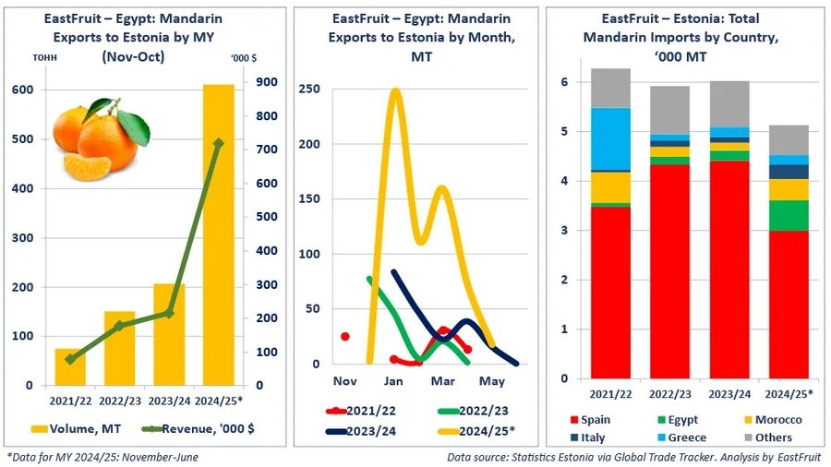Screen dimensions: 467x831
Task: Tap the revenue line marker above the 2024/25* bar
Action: [x=219, y=143]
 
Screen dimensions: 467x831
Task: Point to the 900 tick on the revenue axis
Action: [x=267, y=82]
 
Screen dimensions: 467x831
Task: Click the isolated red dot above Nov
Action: [x=345, y=336]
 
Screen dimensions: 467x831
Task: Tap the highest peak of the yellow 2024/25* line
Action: [x=395, y=90]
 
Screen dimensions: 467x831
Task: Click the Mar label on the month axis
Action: [x=442, y=381]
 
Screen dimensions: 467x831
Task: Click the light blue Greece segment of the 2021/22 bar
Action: [x=612, y=139]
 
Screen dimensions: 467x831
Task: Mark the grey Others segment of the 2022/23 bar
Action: [x=670, y=110]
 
